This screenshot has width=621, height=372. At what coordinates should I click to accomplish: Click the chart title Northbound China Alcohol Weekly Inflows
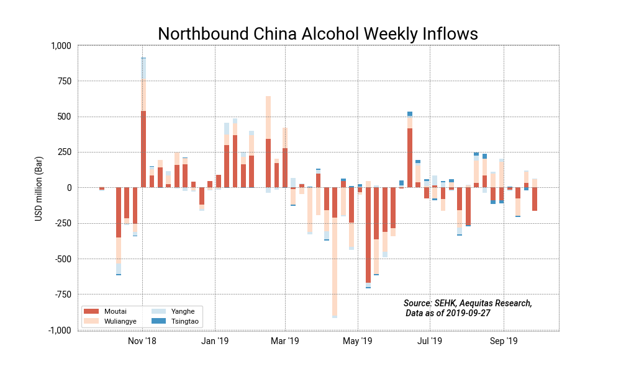pyautogui.click(x=317, y=33)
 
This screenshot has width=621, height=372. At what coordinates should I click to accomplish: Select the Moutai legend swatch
pyautogui.click(x=91, y=311)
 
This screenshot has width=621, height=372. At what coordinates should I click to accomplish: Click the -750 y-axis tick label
pyautogui.click(x=62, y=294)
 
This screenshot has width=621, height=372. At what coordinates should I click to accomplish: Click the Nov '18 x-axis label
pyautogui.click(x=142, y=341)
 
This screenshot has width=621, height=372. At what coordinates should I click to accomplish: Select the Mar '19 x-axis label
pyautogui.click(x=285, y=341)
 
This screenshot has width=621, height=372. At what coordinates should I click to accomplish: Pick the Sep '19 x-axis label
pyautogui.click(x=504, y=341)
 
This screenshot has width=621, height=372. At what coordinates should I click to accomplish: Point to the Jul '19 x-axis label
pyautogui.click(x=429, y=341)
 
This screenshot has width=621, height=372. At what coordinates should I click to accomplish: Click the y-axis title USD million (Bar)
pyautogui.click(x=39, y=187)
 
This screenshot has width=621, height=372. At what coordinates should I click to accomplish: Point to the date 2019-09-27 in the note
pyautogui.click(x=468, y=313)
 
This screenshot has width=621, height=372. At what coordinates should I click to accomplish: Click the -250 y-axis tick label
pyautogui.click(x=62, y=224)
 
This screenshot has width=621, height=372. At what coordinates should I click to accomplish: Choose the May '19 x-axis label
pyautogui.click(x=358, y=341)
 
